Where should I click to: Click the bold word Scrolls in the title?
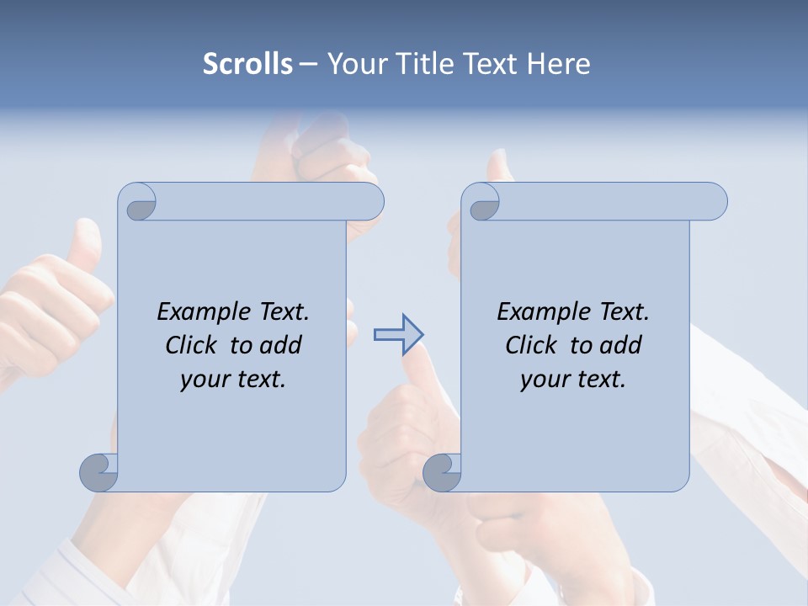point(247,63)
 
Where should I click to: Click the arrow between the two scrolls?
point(399,335)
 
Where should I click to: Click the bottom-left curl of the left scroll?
point(99,472)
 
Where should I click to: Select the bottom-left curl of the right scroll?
point(443,472)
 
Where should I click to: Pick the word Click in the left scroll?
point(193,345)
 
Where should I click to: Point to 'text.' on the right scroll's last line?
point(598,380)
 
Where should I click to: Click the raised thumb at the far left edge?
point(84,252)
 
